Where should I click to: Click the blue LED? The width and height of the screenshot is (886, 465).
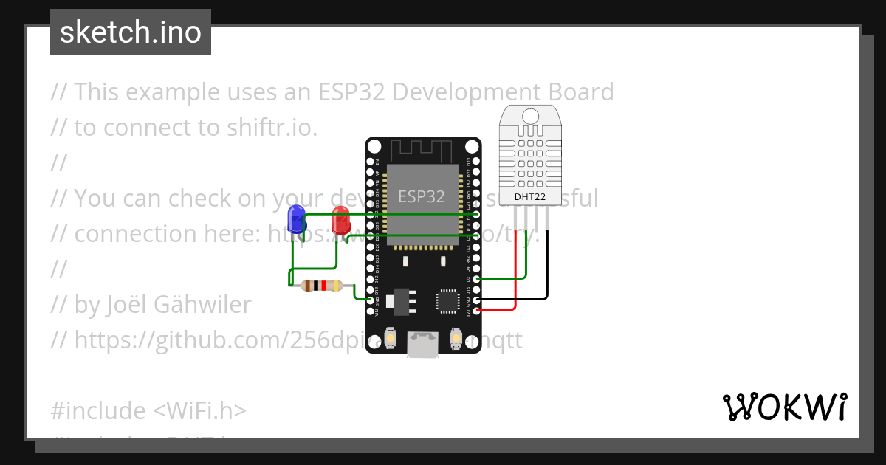[297, 218]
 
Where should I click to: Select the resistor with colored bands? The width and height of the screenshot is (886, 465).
[322, 286]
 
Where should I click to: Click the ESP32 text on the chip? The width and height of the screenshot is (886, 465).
[422, 196]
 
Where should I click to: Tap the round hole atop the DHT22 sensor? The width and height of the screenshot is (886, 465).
[529, 116]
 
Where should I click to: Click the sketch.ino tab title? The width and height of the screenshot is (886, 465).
[131, 32]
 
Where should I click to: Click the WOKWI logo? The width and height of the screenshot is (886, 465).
[784, 407]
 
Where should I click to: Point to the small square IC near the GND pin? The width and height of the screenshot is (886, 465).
[447, 300]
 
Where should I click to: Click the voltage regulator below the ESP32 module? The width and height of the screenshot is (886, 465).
[403, 300]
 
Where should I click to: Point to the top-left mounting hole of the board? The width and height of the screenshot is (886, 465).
[372, 145]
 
